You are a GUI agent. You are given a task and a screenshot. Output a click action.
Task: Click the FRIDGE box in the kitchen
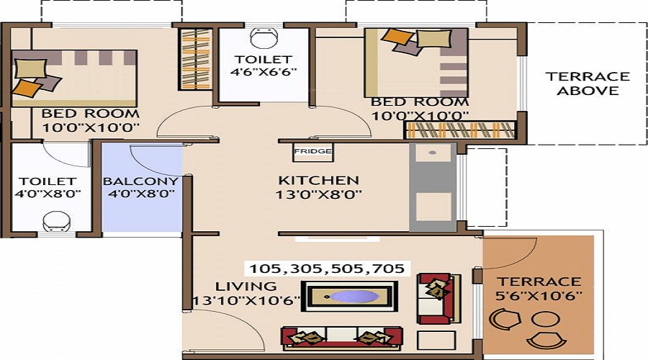click(312, 152)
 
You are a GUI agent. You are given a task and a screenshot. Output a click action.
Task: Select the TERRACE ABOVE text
click(588, 84)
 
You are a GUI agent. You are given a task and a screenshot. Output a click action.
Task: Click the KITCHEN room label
click(318, 180)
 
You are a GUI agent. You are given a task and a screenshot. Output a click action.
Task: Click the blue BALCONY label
click(140, 181)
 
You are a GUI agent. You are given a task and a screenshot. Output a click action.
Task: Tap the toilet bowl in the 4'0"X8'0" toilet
click(55, 219)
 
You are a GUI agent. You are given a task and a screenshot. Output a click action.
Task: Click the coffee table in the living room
click(350, 297)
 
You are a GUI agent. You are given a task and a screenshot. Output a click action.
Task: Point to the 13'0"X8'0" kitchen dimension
click(319, 194)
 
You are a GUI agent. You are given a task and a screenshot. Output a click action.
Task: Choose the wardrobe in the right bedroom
click(461, 130)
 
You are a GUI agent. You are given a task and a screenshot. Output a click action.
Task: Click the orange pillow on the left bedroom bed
click(27, 88)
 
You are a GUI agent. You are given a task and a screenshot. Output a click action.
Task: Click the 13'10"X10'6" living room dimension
click(246, 300)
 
